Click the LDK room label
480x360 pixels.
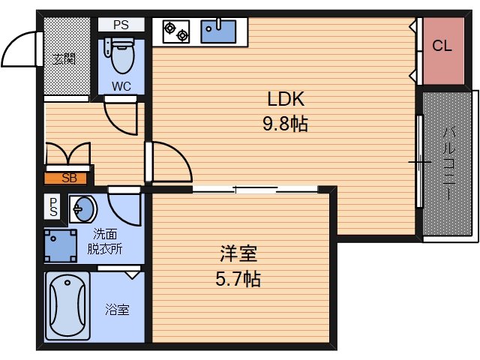pyautogui.click(x=286, y=99)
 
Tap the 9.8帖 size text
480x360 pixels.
pyautogui.click(x=286, y=124)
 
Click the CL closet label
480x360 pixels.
pyautogui.click(x=442, y=46)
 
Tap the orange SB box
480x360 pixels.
pyautogui.click(x=68, y=178)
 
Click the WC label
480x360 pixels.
pyautogui.click(x=121, y=86)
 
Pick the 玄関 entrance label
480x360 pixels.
pyautogui.click(x=63, y=58)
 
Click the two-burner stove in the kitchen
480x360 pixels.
pyautogui.click(x=177, y=31)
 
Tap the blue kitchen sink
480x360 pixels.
pyautogui.click(x=218, y=31)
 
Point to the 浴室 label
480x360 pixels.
pyautogui.click(x=117, y=308)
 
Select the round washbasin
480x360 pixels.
pyautogui.click(x=82, y=208)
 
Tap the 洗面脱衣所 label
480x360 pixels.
pyautogui.click(x=105, y=241)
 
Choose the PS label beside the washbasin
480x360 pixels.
pyautogui.click(x=53, y=206)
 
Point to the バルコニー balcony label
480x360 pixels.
pyautogui.click(x=448, y=165)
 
